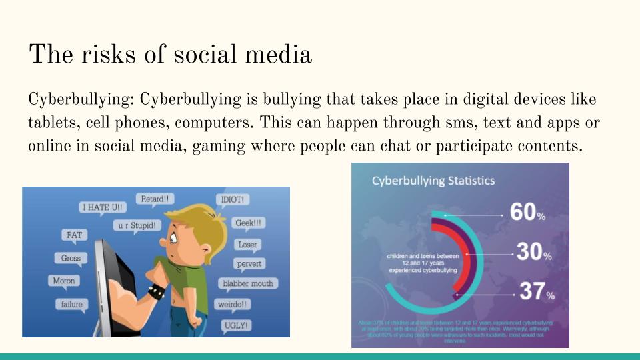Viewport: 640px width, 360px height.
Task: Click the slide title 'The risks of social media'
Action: click(170, 54)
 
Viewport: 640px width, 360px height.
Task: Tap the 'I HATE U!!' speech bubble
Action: click(103, 207)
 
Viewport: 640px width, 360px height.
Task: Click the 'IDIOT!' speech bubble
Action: click(233, 199)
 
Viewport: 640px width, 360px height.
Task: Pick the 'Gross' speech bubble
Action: click(71, 258)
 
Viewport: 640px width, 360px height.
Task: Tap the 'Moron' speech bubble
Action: click(64, 281)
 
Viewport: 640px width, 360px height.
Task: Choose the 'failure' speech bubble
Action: click(72, 305)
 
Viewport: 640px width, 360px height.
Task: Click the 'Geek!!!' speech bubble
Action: click(248, 223)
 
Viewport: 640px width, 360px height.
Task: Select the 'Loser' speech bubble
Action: click(247, 245)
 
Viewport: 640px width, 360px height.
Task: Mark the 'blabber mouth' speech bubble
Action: click(248, 283)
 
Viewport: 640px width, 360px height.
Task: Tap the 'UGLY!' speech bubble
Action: click(237, 325)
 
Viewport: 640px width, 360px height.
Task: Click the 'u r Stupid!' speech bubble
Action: click(138, 225)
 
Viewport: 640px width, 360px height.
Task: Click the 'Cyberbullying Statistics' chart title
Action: click(433, 181)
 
